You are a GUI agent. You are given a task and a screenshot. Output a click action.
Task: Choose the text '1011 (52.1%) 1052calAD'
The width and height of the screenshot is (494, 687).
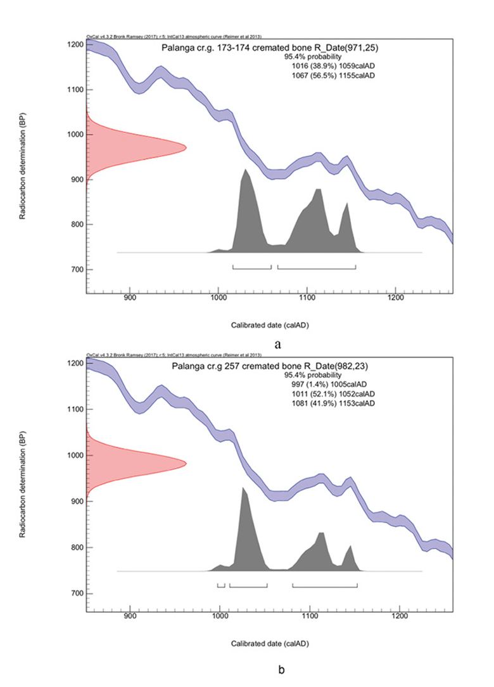coord(331,394)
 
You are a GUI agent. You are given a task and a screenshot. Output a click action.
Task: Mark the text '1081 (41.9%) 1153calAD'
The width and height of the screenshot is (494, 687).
coord(331,404)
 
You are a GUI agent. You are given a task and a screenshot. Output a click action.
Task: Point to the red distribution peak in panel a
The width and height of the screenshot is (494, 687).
coord(184,147)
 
